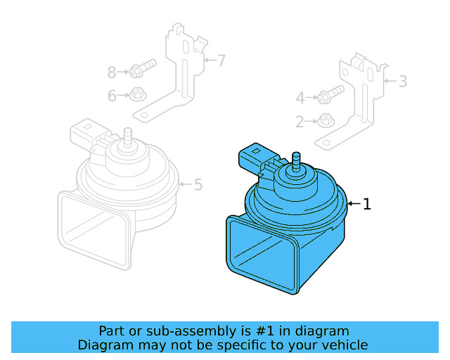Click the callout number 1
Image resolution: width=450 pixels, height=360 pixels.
pyautogui.click(x=366, y=204)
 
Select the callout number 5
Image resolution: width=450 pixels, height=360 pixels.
pyautogui.click(x=198, y=185)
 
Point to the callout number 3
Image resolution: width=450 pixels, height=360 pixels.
pyautogui.click(x=402, y=82)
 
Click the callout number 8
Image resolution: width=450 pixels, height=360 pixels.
pyautogui.click(x=112, y=72)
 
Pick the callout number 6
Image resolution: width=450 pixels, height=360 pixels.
pyautogui.click(x=112, y=96)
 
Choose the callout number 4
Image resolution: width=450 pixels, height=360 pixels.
pyautogui.click(x=300, y=98)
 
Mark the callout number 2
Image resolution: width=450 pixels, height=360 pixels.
pyautogui.click(x=300, y=122)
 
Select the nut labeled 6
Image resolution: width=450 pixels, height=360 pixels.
pyautogui.click(x=138, y=94)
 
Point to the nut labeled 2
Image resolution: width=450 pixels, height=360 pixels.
pyautogui.click(x=326, y=120)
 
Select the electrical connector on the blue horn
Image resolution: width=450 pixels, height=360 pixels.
pyautogui.click(x=255, y=157)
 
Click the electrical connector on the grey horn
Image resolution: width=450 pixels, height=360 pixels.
pyautogui.click(x=86, y=133)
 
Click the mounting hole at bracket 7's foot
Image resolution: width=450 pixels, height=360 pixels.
pyautogui.click(x=144, y=113)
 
